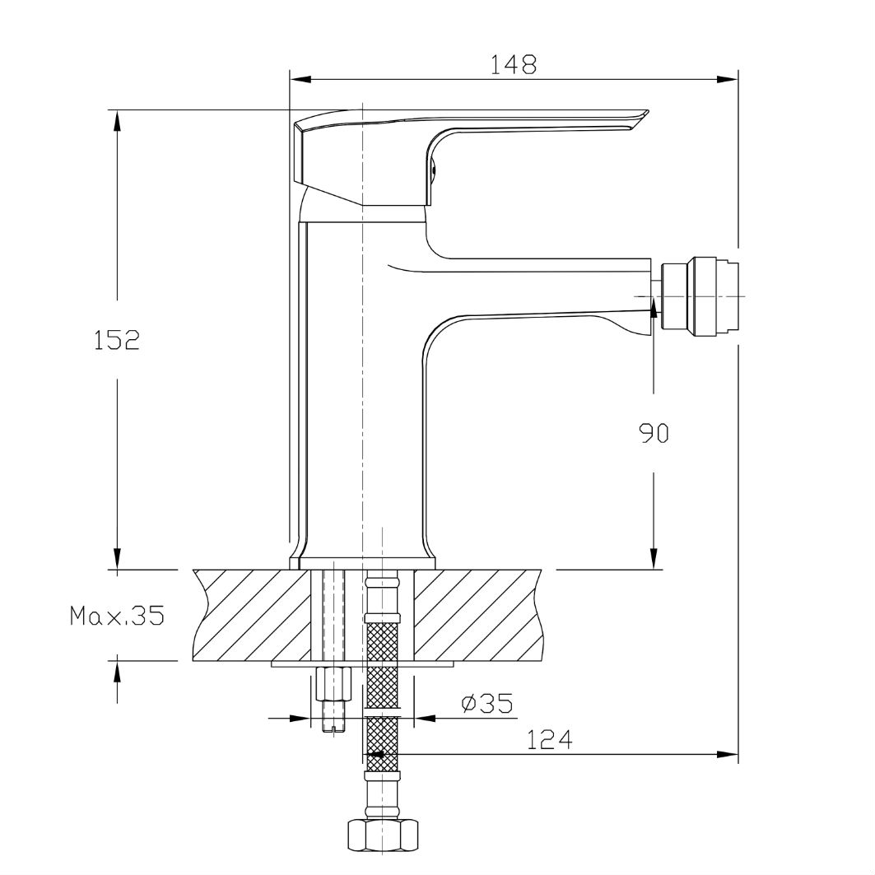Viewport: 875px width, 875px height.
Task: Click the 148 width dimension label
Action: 513,64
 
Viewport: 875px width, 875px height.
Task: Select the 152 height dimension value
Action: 116,340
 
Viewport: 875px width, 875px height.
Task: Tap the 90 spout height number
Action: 653,433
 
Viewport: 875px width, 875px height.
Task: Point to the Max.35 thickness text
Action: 117,615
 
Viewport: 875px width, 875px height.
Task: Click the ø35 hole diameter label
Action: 486,703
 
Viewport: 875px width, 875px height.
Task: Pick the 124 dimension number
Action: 550,740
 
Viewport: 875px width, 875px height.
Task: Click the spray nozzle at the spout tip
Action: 700,296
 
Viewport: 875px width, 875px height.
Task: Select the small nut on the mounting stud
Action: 333,683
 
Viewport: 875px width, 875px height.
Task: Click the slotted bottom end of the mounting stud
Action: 333,727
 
